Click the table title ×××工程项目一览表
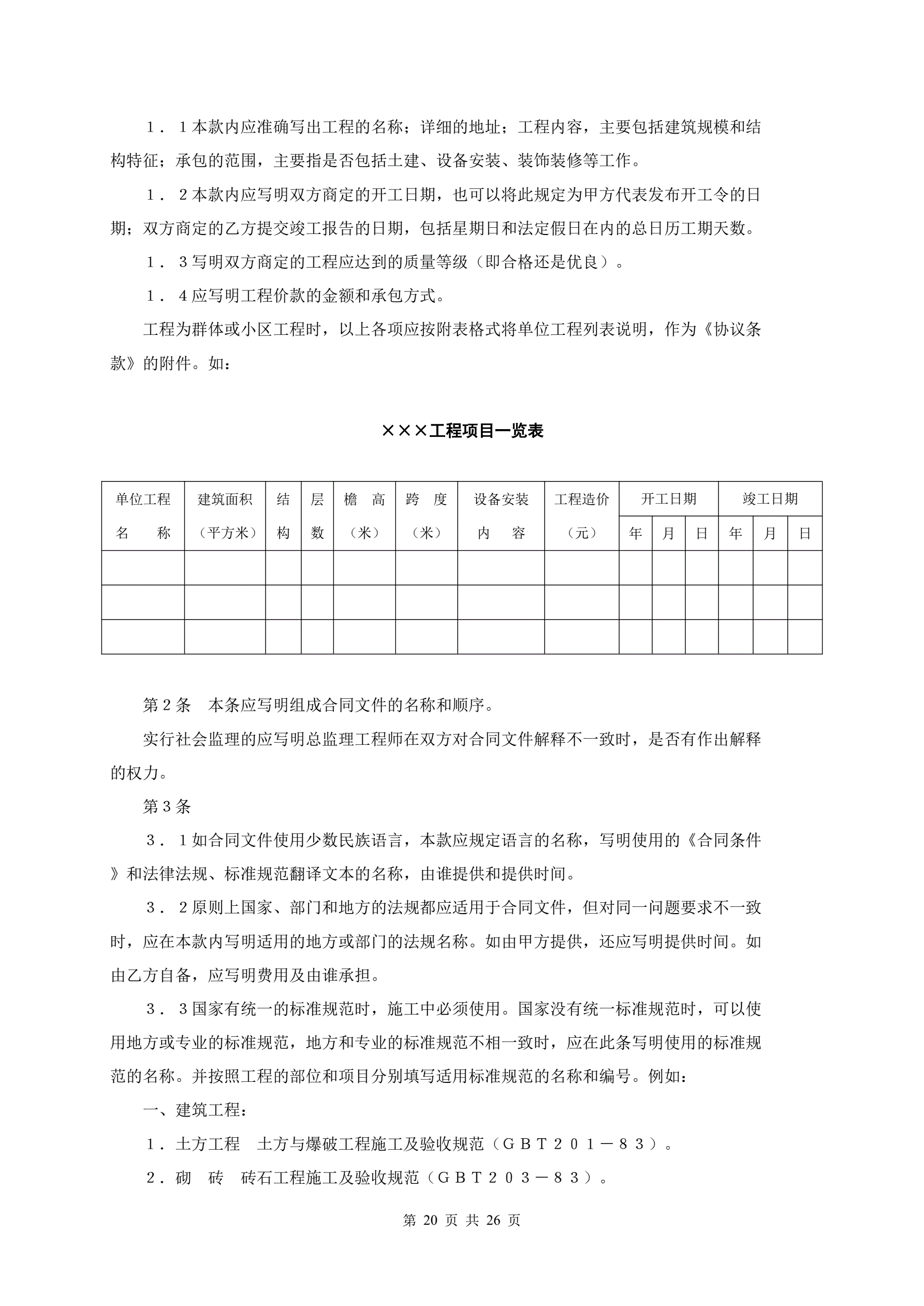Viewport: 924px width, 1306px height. coord(462,431)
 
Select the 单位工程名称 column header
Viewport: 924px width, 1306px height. coord(143,516)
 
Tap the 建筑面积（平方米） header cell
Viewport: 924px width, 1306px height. coord(225,516)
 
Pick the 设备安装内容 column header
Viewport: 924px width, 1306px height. coord(501,516)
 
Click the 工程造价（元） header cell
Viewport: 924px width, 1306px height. coord(581,516)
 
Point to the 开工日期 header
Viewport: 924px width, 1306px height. coord(668,499)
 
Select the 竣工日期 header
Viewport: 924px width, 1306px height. coord(770,499)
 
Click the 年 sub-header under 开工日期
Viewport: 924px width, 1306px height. coord(636,534)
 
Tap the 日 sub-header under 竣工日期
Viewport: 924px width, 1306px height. coord(804,534)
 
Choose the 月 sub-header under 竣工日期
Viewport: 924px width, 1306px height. coord(770,534)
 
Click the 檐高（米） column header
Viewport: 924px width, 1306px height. coord(364,516)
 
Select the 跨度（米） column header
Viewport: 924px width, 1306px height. coord(426,516)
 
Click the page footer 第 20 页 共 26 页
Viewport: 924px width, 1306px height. coord(461,1220)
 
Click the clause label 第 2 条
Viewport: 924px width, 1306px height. coord(167,706)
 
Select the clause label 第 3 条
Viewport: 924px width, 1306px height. coord(167,806)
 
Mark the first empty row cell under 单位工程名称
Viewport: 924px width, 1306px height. coord(143,568)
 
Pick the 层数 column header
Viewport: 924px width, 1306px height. coord(317,516)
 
